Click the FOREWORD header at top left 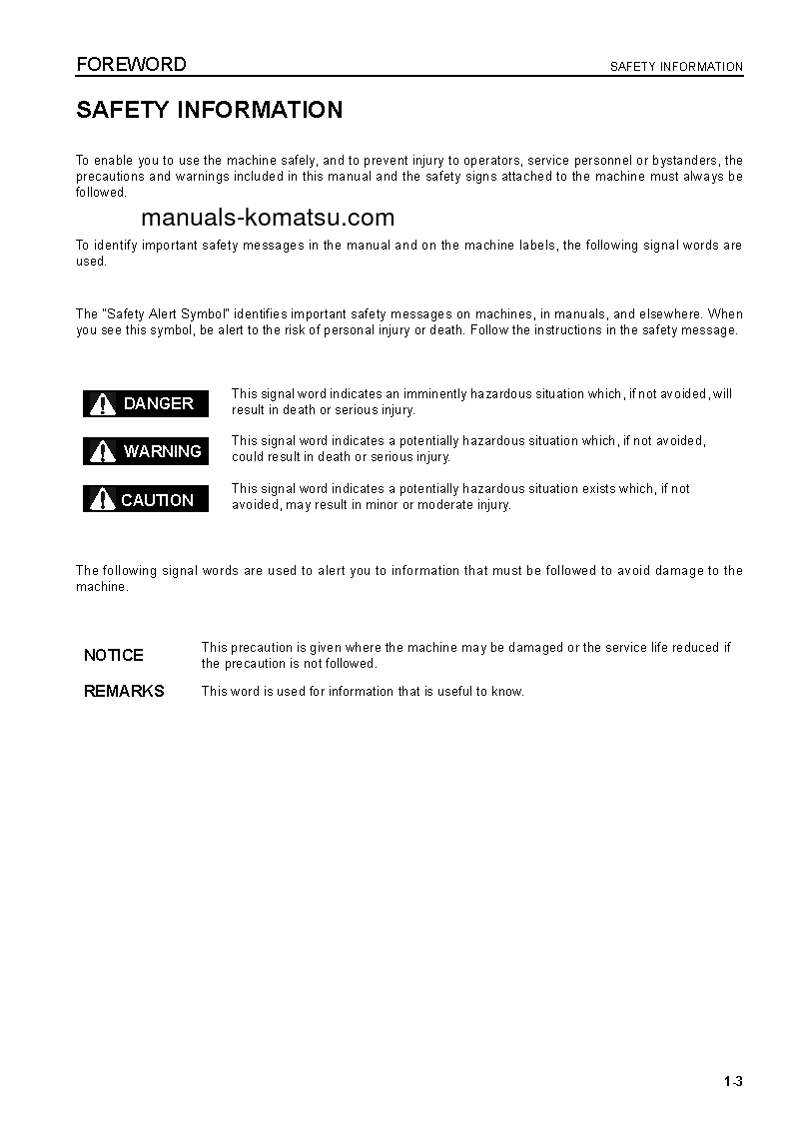[131, 65]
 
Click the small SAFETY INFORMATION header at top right [676, 67]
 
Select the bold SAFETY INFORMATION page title [210, 110]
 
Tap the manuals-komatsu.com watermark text [268, 218]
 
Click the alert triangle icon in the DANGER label [103, 403]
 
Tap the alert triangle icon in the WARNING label [103, 451]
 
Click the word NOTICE [114, 655]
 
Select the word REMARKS [124, 691]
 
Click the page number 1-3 [734, 1082]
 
